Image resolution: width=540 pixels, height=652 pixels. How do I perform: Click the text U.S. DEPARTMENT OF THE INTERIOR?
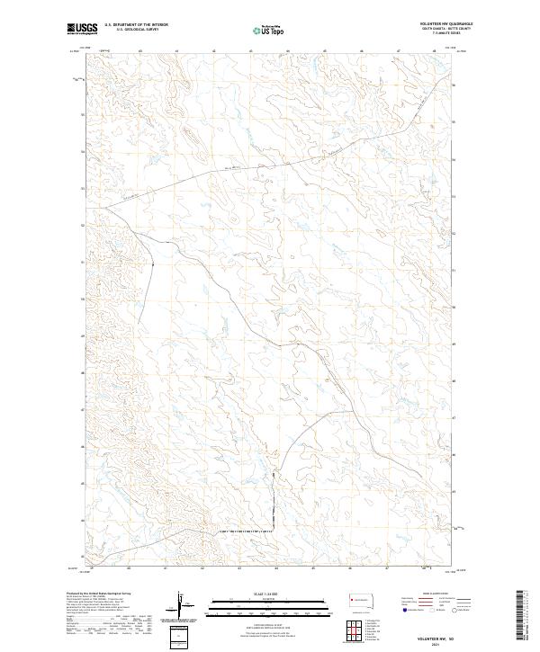click(x=137, y=25)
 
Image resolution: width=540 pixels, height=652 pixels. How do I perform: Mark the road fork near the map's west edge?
click(x=103, y=208)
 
